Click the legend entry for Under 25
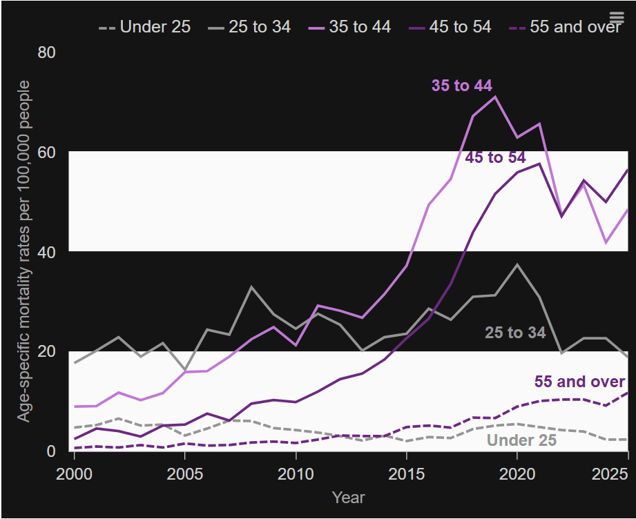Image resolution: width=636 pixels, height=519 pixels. [144, 27]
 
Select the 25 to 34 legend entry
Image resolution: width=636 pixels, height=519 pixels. [249, 27]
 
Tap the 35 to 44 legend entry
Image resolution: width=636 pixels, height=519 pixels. [349, 27]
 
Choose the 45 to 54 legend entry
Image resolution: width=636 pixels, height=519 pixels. [450, 27]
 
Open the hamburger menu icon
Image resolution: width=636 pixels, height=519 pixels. [617, 17]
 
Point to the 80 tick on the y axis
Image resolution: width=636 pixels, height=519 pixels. [47, 52]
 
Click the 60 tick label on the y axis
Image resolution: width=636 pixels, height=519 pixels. [47, 152]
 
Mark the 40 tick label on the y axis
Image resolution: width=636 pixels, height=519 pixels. [47, 252]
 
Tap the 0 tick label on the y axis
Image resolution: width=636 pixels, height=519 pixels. [51, 451]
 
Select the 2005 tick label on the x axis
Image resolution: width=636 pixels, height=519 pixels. [185, 473]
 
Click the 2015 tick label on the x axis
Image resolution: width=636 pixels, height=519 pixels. [407, 473]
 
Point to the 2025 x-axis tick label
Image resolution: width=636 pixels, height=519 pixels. [610, 473]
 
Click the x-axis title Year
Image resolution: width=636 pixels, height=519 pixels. [349, 497]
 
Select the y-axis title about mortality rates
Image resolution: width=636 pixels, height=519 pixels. [24, 251]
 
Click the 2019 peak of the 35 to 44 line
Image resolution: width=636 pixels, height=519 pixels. [495, 97]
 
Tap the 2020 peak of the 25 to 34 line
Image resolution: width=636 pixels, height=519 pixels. [517, 264]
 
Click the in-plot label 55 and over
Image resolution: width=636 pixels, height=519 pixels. [579, 382]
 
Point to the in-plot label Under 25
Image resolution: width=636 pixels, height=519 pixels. [521, 440]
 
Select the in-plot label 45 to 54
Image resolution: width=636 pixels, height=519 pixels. [495, 157]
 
